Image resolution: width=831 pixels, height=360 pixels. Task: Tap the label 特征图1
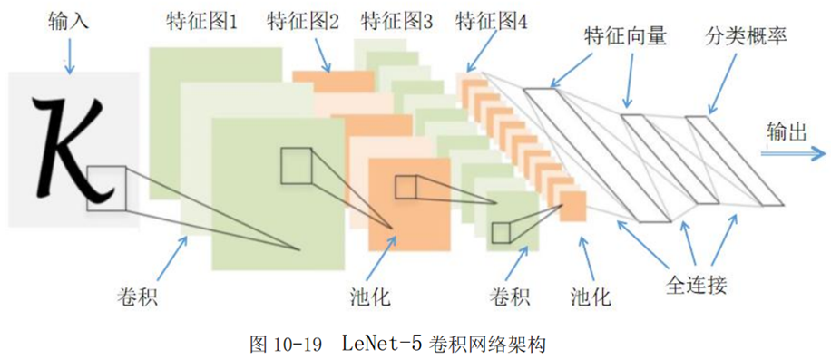tap(201, 24)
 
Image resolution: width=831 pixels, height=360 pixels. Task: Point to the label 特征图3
tap(397, 24)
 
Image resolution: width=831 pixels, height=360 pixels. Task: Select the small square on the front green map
tap(297, 166)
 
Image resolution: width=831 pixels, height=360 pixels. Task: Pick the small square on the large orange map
tap(406, 187)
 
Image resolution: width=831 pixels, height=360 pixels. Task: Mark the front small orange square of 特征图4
tap(573, 206)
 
